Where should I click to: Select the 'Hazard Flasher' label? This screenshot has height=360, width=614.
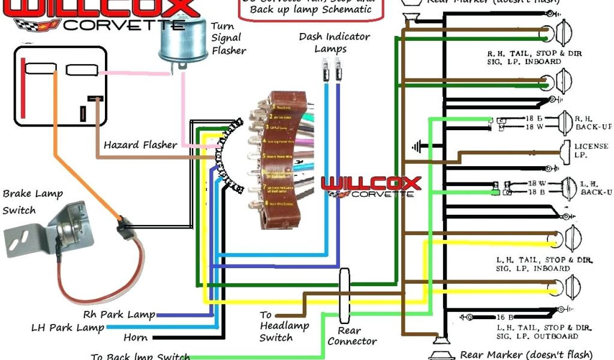[x=140, y=145]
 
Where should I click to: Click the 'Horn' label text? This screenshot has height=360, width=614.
[x=136, y=338]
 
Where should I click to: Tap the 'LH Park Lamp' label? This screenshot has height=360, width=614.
[x=67, y=328]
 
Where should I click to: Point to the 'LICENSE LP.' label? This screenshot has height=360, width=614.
[x=591, y=150]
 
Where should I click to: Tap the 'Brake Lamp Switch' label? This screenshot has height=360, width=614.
[x=32, y=202]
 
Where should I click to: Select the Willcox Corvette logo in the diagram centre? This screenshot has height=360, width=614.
[x=371, y=187]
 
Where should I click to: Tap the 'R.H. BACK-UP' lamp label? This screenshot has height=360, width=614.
[x=593, y=122]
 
